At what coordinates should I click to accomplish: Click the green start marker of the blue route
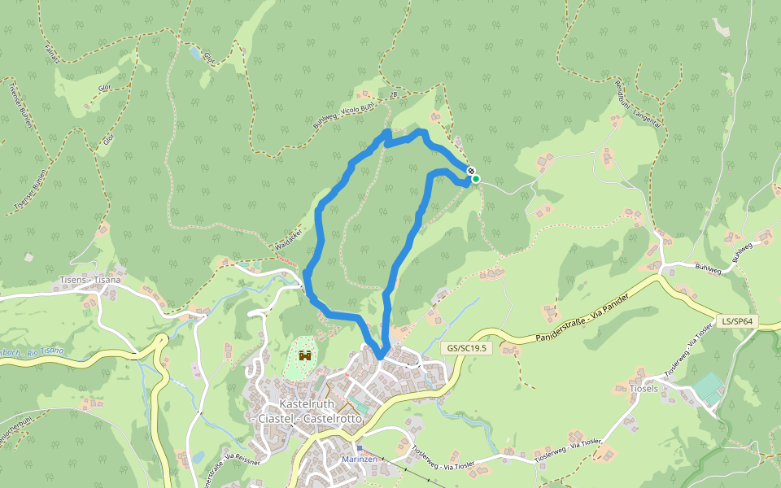475,179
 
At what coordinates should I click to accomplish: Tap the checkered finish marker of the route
470,170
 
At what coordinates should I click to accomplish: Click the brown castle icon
305,355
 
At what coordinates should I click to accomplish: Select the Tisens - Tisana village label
90,280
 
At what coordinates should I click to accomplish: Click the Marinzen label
359,460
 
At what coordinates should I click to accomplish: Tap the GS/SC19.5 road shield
466,347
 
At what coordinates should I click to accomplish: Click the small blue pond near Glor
194,54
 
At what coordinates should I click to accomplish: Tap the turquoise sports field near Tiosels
708,386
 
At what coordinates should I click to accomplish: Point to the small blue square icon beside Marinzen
359,447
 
